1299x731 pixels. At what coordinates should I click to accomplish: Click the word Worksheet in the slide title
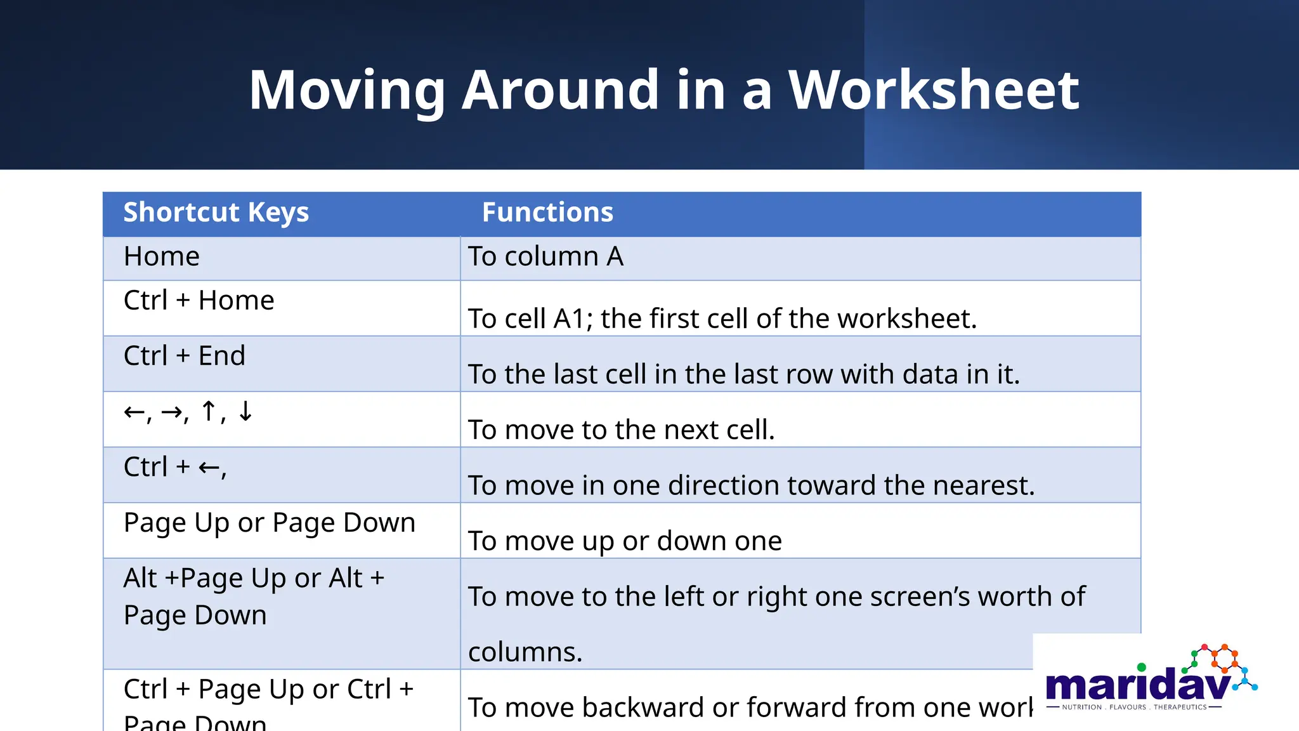(933, 90)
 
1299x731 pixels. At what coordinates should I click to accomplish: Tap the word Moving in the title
(347, 90)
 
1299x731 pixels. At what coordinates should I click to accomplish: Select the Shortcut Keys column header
(216, 213)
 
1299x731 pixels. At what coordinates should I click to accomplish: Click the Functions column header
(547, 213)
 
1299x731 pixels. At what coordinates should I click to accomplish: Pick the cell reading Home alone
(162, 257)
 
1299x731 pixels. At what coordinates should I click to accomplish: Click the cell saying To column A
(545, 257)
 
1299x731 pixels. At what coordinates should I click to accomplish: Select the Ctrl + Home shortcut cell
(199, 301)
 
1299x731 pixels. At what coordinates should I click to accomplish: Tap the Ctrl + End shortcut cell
(184, 356)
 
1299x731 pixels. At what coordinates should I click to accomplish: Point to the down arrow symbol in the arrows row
(245, 412)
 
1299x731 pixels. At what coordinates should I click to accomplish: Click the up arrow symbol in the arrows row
(209, 412)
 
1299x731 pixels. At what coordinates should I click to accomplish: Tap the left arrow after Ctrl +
(209, 468)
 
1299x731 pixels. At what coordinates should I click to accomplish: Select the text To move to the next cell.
(621, 430)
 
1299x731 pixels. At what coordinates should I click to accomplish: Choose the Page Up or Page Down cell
(269, 524)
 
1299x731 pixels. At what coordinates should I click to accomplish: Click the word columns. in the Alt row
(525, 652)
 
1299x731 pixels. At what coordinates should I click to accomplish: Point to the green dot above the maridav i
(1142, 667)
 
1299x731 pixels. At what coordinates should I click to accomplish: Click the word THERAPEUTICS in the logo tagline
(1180, 707)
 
